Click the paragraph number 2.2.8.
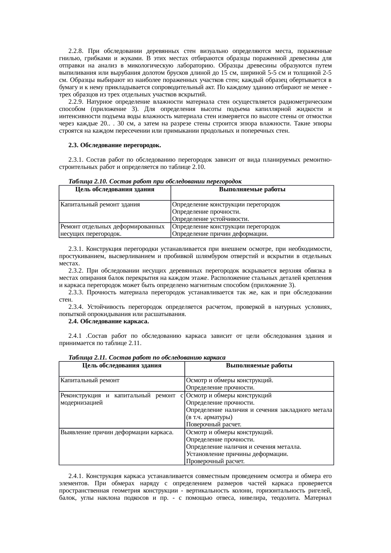(x=75, y=51)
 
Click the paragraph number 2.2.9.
(x=75, y=102)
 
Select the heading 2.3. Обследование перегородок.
(x=115, y=145)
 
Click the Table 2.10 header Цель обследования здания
(x=115, y=189)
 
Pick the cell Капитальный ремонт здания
(x=100, y=204)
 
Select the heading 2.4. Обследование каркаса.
(x=108, y=321)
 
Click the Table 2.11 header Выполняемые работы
(x=259, y=366)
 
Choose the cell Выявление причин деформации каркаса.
(x=117, y=432)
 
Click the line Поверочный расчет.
(x=214, y=425)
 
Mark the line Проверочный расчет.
(x=215, y=462)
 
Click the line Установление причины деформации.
(x=237, y=454)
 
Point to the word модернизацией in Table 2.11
(x=81, y=403)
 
